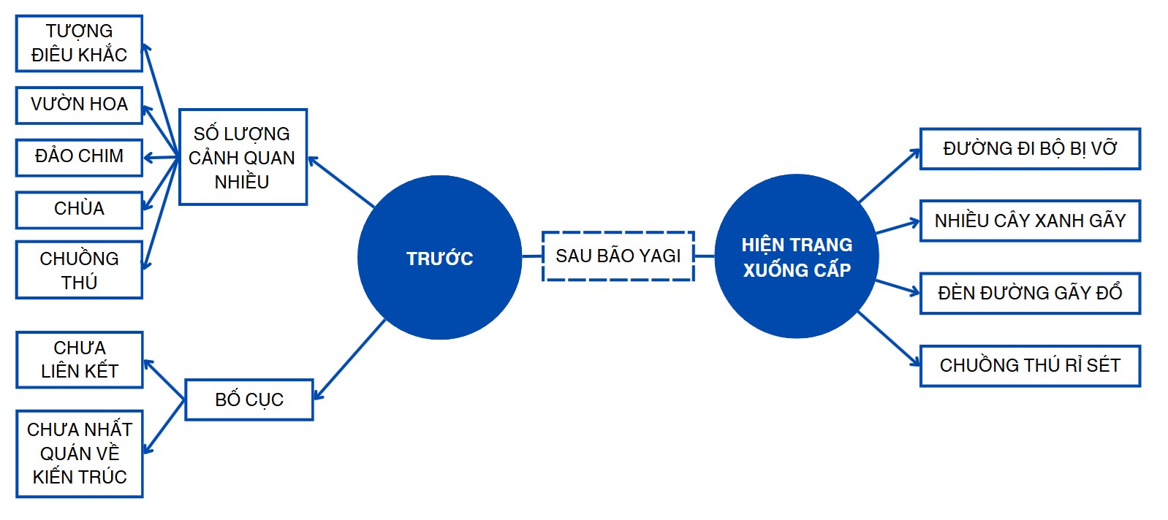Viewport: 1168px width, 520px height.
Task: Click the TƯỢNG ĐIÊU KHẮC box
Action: [x=79, y=43]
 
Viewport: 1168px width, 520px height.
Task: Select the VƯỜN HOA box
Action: [x=79, y=104]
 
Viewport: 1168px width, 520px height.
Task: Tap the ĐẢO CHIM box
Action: [x=79, y=156]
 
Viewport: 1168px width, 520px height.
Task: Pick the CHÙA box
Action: [x=79, y=209]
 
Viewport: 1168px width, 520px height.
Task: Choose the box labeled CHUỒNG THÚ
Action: [x=79, y=269]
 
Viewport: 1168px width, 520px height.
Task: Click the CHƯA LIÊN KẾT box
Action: [x=79, y=359]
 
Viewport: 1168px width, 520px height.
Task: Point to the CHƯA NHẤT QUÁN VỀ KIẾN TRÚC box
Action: [x=79, y=453]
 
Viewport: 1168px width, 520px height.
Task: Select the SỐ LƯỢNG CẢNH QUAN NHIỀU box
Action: [x=242, y=157]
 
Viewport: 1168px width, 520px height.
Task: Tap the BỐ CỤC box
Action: [x=249, y=399]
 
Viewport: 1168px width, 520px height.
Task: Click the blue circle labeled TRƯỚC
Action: [x=439, y=258]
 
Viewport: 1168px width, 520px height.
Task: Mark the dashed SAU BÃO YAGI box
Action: [x=618, y=256]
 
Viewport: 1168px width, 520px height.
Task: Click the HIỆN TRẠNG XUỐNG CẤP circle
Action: [x=797, y=257]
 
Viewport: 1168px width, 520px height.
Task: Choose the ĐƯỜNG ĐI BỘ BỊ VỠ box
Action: [x=1029, y=149]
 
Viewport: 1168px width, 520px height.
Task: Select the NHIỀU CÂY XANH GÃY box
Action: [x=1029, y=221]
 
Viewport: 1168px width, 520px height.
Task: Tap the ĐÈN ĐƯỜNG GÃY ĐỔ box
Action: [x=1029, y=293]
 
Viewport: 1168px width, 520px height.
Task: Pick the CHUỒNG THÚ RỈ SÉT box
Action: [x=1029, y=365]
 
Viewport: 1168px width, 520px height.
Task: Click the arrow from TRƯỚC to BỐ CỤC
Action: [x=349, y=359]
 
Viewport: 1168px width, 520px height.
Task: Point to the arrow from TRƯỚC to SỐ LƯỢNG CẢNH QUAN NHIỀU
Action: [x=341, y=183]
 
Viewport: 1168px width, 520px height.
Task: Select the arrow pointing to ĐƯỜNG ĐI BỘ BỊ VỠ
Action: [x=890, y=176]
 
